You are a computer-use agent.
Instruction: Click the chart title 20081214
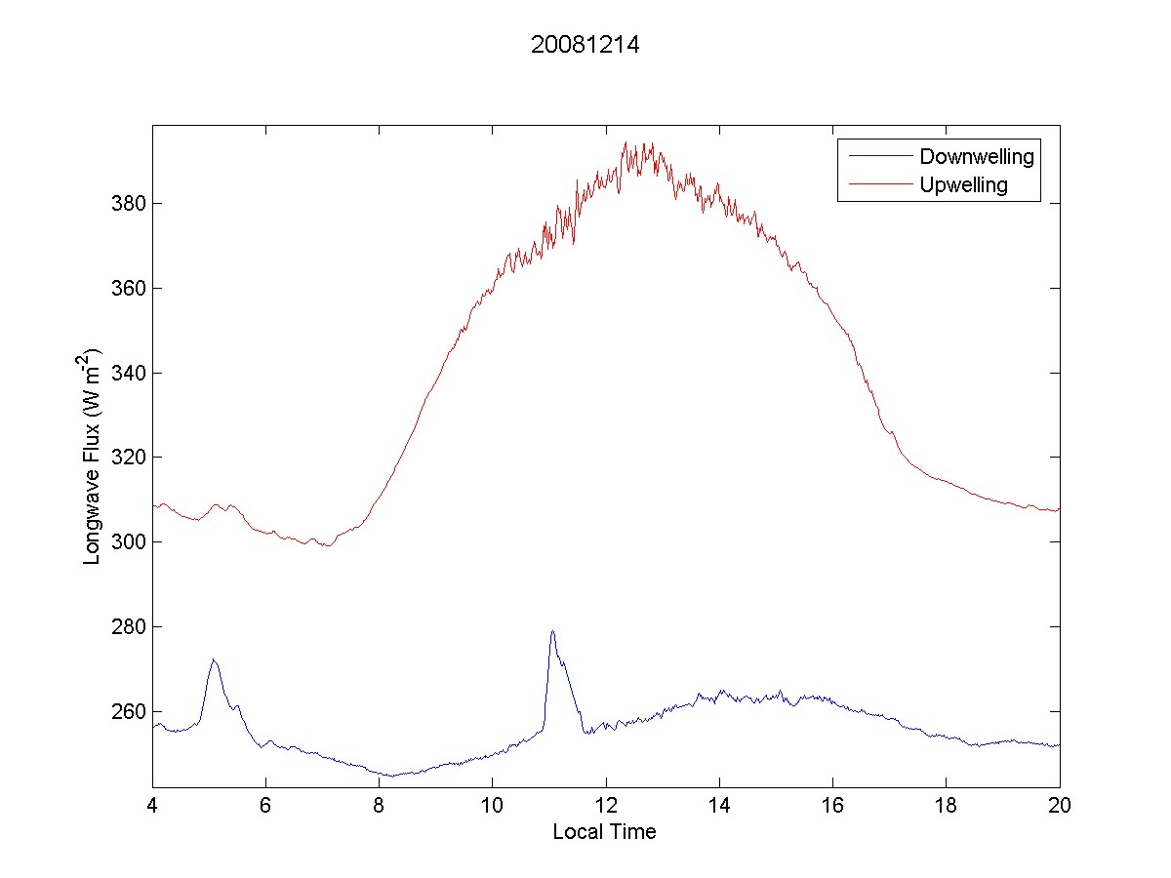585,45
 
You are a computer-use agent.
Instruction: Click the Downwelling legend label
976,156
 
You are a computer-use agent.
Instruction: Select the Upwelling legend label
963,184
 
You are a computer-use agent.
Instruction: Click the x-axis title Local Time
604,832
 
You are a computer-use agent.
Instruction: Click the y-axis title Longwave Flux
94,456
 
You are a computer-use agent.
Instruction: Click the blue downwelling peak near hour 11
552,631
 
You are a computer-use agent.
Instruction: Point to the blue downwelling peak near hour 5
213,659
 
